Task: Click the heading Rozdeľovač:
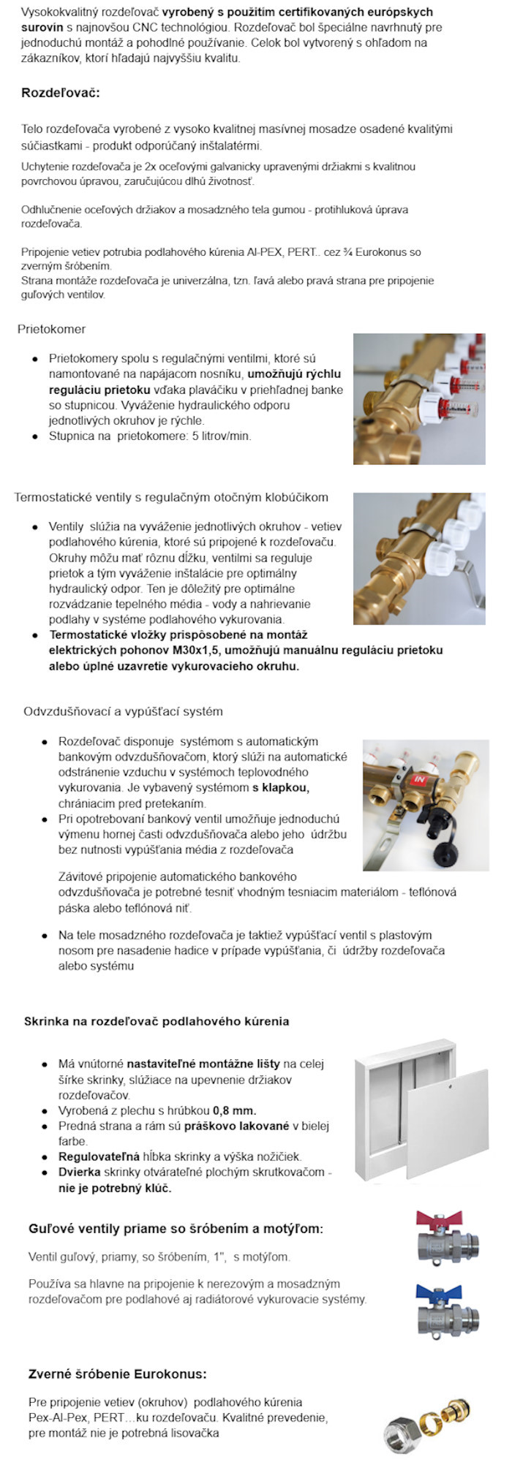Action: point(61,93)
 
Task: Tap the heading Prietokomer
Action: point(51,329)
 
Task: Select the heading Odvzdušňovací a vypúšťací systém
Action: point(123,711)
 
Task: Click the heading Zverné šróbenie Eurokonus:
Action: point(117,1374)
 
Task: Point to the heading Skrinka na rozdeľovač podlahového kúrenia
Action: point(157,1021)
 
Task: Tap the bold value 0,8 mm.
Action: point(234,1110)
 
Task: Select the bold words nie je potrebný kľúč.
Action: point(115,1188)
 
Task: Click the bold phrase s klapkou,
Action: point(281,788)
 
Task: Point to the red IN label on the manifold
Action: point(419,779)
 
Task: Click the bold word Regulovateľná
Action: point(99,1156)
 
